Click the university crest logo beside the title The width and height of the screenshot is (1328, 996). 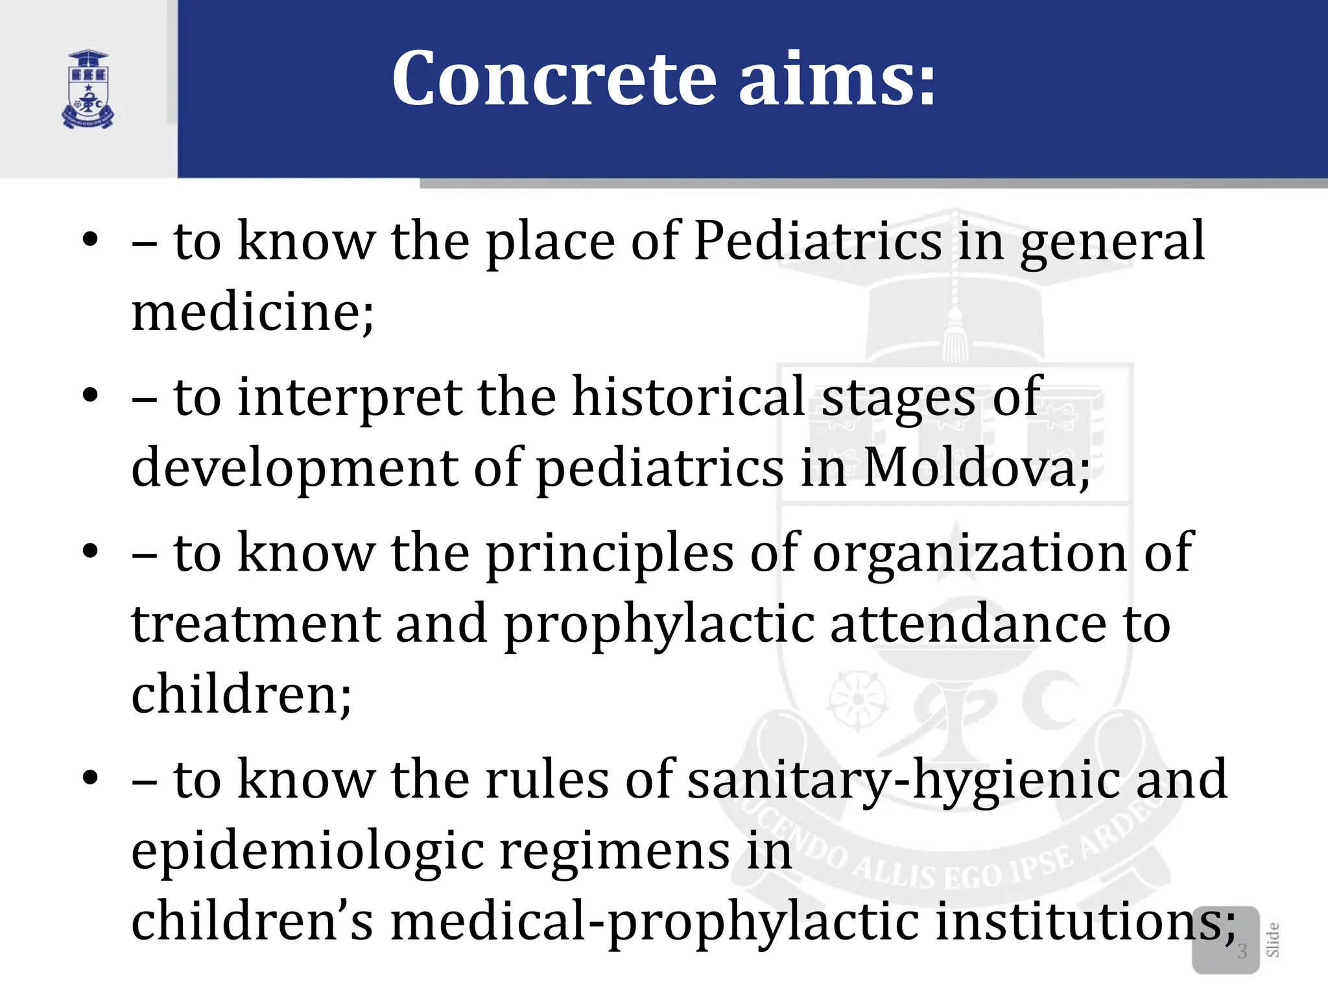pos(88,89)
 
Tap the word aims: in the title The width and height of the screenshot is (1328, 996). pos(837,79)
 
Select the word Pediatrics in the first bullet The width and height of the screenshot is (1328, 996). pos(817,241)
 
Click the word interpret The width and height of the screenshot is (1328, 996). pos(350,397)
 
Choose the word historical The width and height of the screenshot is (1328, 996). pos(688,397)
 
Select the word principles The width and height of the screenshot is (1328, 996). pos(610,553)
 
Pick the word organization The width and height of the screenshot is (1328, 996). pos(969,553)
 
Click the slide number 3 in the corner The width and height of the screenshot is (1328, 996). pos(1242,951)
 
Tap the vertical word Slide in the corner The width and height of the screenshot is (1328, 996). pos(1272,940)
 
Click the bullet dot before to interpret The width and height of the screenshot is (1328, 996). pos(90,395)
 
